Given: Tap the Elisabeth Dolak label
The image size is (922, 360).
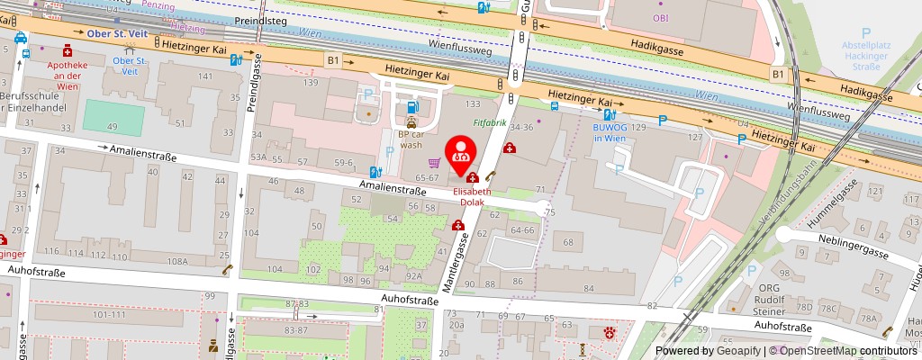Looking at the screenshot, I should point(472,197).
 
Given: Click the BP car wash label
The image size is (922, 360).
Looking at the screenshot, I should point(411,139).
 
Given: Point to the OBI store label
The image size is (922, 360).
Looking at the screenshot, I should point(661,16).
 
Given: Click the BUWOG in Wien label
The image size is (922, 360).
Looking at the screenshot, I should point(609,133).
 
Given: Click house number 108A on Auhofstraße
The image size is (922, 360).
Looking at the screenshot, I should point(177,261).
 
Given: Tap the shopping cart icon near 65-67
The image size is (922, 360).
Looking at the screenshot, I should point(435,163).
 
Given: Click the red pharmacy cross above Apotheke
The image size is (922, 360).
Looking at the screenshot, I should point(68,52).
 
